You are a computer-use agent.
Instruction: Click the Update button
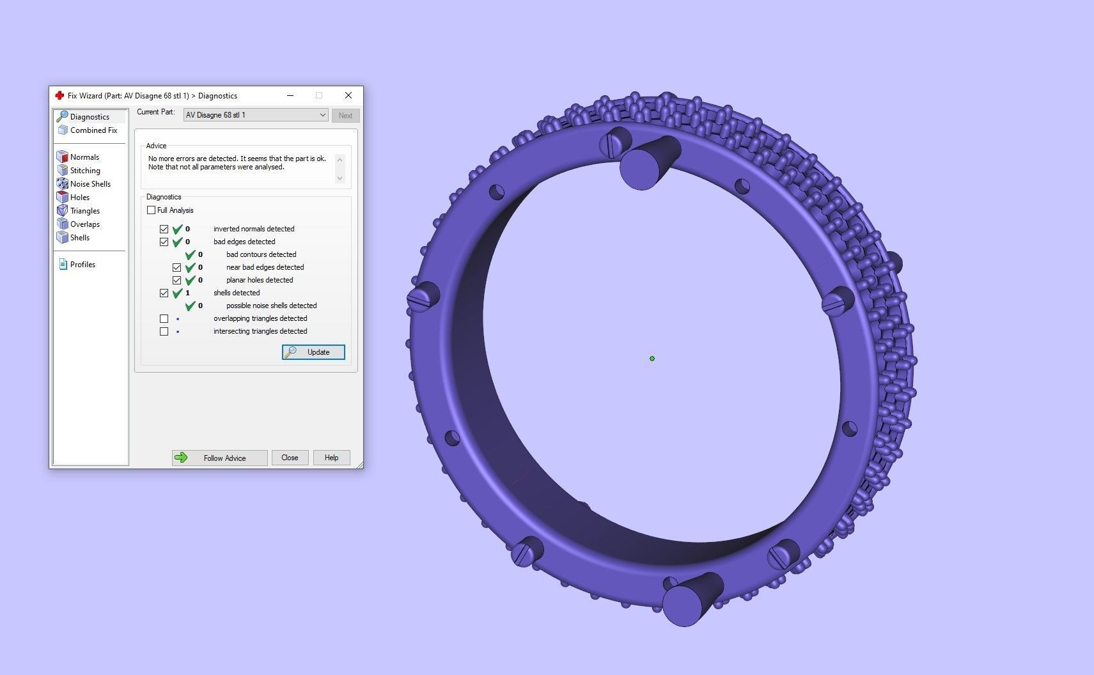[313, 352]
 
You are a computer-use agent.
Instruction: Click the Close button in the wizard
[290, 458]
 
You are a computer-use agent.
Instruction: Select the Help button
[331, 458]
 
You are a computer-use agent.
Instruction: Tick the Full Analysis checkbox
[152, 210]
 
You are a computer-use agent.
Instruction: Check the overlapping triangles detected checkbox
[164, 318]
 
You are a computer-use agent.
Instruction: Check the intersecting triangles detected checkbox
[164, 331]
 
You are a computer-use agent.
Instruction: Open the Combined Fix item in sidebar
[93, 130]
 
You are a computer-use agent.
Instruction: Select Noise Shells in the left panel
[90, 184]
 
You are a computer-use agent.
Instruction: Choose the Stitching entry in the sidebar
[85, 171]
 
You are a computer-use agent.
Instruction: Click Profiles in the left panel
[82, 265]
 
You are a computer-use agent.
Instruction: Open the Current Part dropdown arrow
[322, 115]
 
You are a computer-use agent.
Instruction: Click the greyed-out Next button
[345, 116]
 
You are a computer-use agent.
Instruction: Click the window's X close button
[348, 95]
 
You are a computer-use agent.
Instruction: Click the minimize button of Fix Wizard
[290, 95]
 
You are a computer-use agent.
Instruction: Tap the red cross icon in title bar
[59, 95]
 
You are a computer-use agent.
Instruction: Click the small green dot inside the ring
[652, 359]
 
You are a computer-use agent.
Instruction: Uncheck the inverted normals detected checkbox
[164, 229]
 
